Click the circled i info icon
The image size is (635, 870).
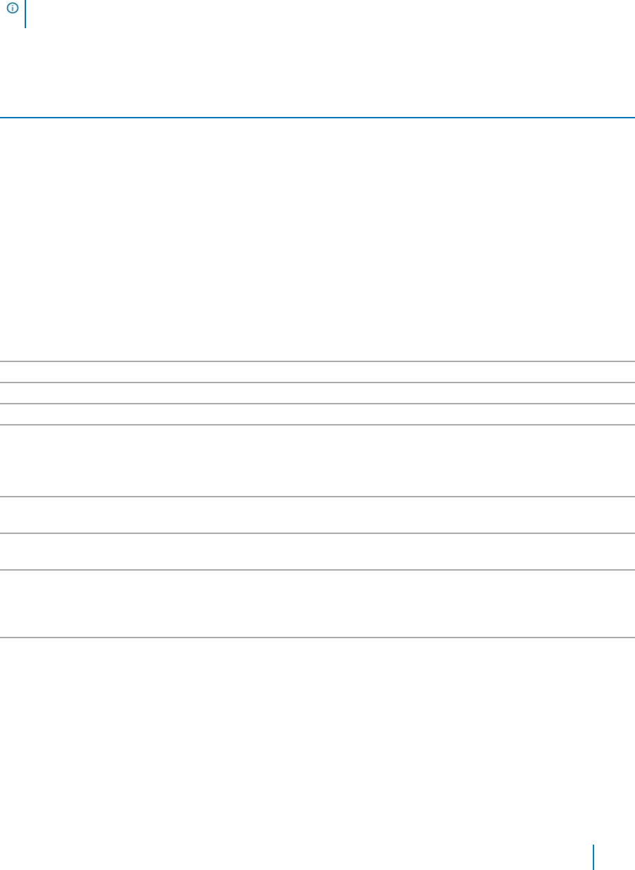12,8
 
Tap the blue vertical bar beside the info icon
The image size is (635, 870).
25,13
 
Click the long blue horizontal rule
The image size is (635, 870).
317,117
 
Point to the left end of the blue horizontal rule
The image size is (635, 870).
2,117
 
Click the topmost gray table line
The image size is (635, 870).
317,361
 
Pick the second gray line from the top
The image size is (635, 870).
317,383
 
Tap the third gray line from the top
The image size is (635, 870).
317,404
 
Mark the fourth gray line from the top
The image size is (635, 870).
317,424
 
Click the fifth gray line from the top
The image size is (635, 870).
317,497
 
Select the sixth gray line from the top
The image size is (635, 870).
317,533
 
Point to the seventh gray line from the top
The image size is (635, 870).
317,570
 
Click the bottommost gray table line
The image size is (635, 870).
317,638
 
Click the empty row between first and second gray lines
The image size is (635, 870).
317,372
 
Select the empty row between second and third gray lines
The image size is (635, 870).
317,393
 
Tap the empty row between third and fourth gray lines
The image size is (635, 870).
317,414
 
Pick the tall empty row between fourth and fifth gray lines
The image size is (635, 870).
317,461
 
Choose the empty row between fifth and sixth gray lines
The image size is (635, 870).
317,516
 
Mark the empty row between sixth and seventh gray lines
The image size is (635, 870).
317,552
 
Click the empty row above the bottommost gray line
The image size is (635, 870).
317,604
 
